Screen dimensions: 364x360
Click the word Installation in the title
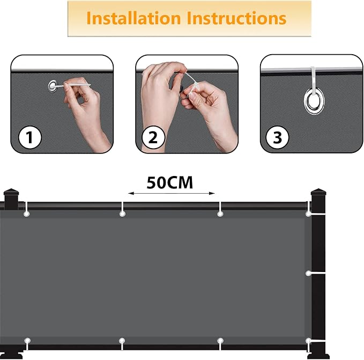[x=133, y=18]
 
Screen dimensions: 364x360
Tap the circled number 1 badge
[x=29, y=137]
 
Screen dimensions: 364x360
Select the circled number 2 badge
[x=153, y=137]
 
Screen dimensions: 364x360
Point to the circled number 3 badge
[x=277, y=137]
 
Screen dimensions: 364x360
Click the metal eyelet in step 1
[x=53, y=86]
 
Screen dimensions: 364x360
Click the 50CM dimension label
[x=170, y=183]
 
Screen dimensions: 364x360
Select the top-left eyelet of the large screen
[x=27, y=214]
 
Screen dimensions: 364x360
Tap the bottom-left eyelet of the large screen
[x=27, y=341]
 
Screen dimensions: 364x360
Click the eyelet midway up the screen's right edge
[x=308, y=274]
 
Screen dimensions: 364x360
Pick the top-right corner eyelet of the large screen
[x=308, y=214]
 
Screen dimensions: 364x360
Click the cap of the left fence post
[x=11, y=192]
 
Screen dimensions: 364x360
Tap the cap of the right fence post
[x=318, y=192]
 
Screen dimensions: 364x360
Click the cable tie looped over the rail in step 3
[x=313, y=82]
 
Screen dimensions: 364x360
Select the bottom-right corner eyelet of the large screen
[x=308, y=341]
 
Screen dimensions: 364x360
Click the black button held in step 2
[x=182, y=88]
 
